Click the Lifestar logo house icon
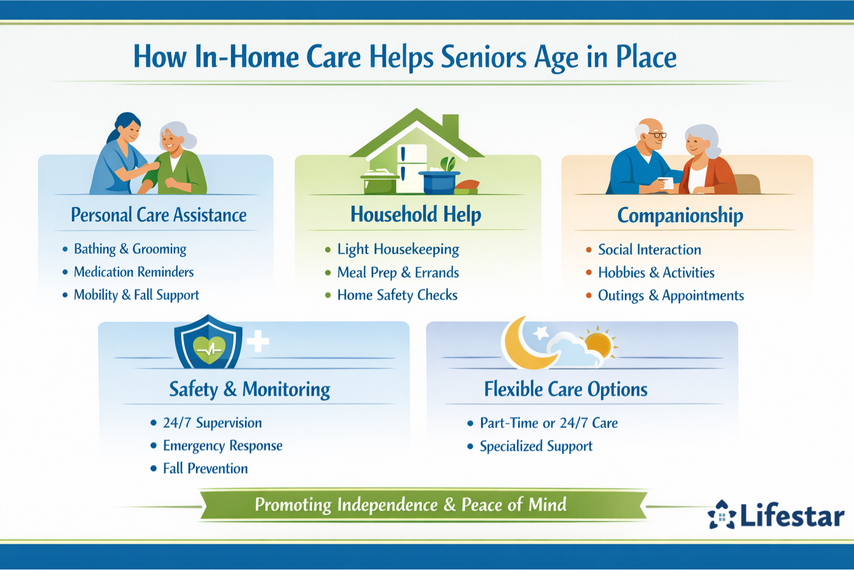(722, 515)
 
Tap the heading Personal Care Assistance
(158, 215)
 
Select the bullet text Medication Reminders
(133, 272)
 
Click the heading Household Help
(415, 214)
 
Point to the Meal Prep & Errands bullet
(398, 273)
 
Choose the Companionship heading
(679, 215)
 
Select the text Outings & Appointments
(671, 296)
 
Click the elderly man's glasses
(657, 135)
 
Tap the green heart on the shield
(209, 350)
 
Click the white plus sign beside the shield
(257, 341)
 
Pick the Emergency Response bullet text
(222, 446)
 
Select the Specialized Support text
(536, 446)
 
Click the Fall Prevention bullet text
(205, 469)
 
